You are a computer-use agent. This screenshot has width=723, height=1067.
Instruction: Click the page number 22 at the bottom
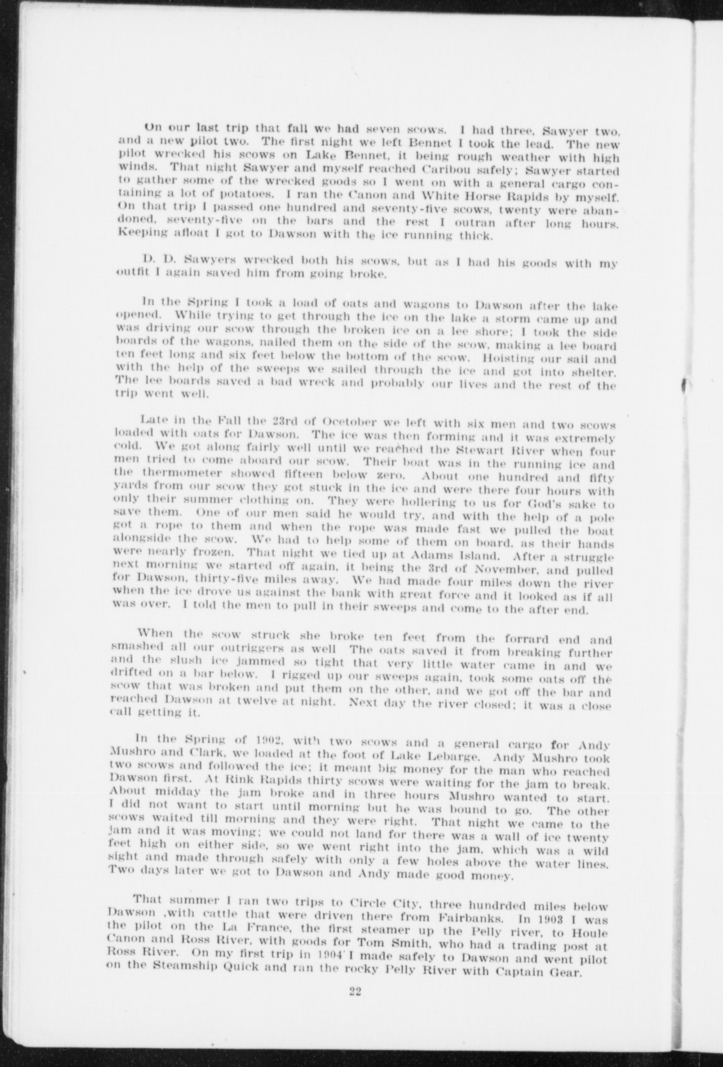[x=355, y=1005]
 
